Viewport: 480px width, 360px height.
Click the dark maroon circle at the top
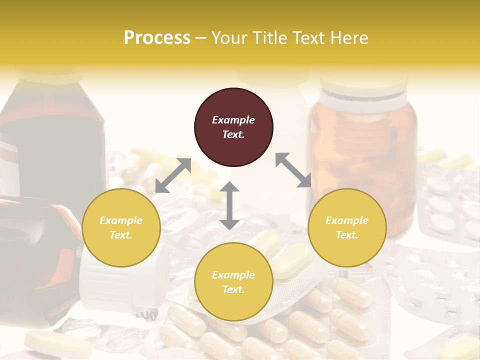click(x=233, y=127)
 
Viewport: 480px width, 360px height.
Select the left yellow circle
click(x=121, y=227)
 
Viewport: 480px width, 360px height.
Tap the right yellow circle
click(x=347, y=227)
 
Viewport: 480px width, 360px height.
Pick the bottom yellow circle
click(x=233, y=282)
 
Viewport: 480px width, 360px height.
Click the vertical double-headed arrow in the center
click(x=229, y=205)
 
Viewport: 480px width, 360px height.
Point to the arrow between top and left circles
click(x=173, y=175)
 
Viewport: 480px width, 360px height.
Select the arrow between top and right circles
click(x=293, y=170)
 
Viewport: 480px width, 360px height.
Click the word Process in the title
click(x=157, y=37)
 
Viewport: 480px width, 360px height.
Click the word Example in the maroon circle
click(x=233, y=120)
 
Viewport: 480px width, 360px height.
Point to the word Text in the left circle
click(x=121, y=235)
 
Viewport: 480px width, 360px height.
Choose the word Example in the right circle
click(x=347, y=220)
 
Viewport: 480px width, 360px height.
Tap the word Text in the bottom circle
click(x=233, y=289)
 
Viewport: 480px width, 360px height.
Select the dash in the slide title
click(x=201, y=38)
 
